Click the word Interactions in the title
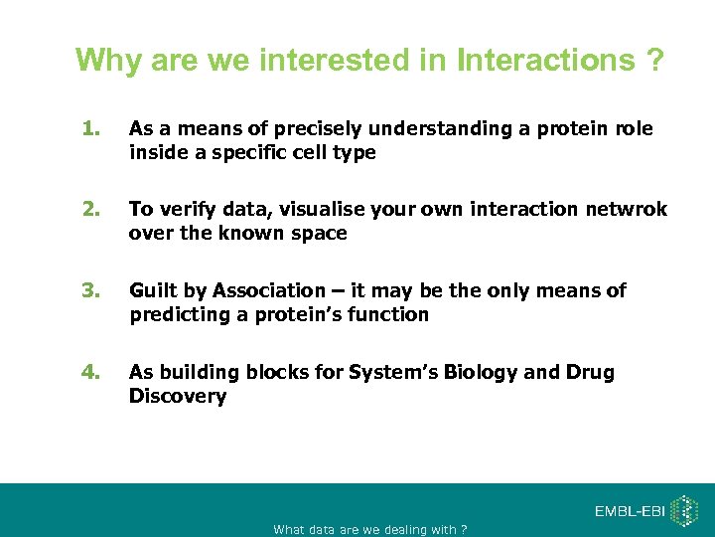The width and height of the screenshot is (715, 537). tap(545, 61)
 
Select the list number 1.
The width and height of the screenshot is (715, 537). tap(92, 129)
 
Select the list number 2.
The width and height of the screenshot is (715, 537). tap(92, 209)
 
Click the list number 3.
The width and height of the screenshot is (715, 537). tap(92, 290)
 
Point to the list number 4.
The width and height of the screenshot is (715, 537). tap(92, 372)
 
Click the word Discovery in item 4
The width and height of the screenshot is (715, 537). tap(178, 397)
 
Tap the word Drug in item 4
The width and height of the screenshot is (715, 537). tap(590, 372)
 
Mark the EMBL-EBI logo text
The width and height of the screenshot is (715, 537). tap(631, 511)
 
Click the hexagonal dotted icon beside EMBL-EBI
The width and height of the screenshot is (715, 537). tap(684, 511)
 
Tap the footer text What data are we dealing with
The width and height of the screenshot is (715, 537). tap(369, 529)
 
